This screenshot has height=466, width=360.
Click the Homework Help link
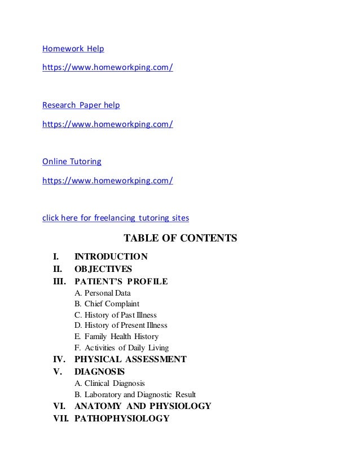69,49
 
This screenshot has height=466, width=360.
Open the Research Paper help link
81,105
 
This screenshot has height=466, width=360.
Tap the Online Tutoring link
72,161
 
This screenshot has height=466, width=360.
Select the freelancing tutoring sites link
116,218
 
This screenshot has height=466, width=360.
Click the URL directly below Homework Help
108,68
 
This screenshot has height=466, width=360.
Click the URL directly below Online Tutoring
108,181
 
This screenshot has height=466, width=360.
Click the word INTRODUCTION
111,257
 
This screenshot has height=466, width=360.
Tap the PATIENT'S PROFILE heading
121,281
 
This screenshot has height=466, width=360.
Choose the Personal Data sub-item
102,293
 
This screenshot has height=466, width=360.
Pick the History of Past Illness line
116,315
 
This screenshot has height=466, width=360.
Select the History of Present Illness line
121,326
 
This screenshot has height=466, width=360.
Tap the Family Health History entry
116,337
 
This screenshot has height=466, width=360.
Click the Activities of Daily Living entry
121,348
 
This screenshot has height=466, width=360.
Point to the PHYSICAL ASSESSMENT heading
130,359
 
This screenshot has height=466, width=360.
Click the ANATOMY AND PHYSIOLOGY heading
143,406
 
